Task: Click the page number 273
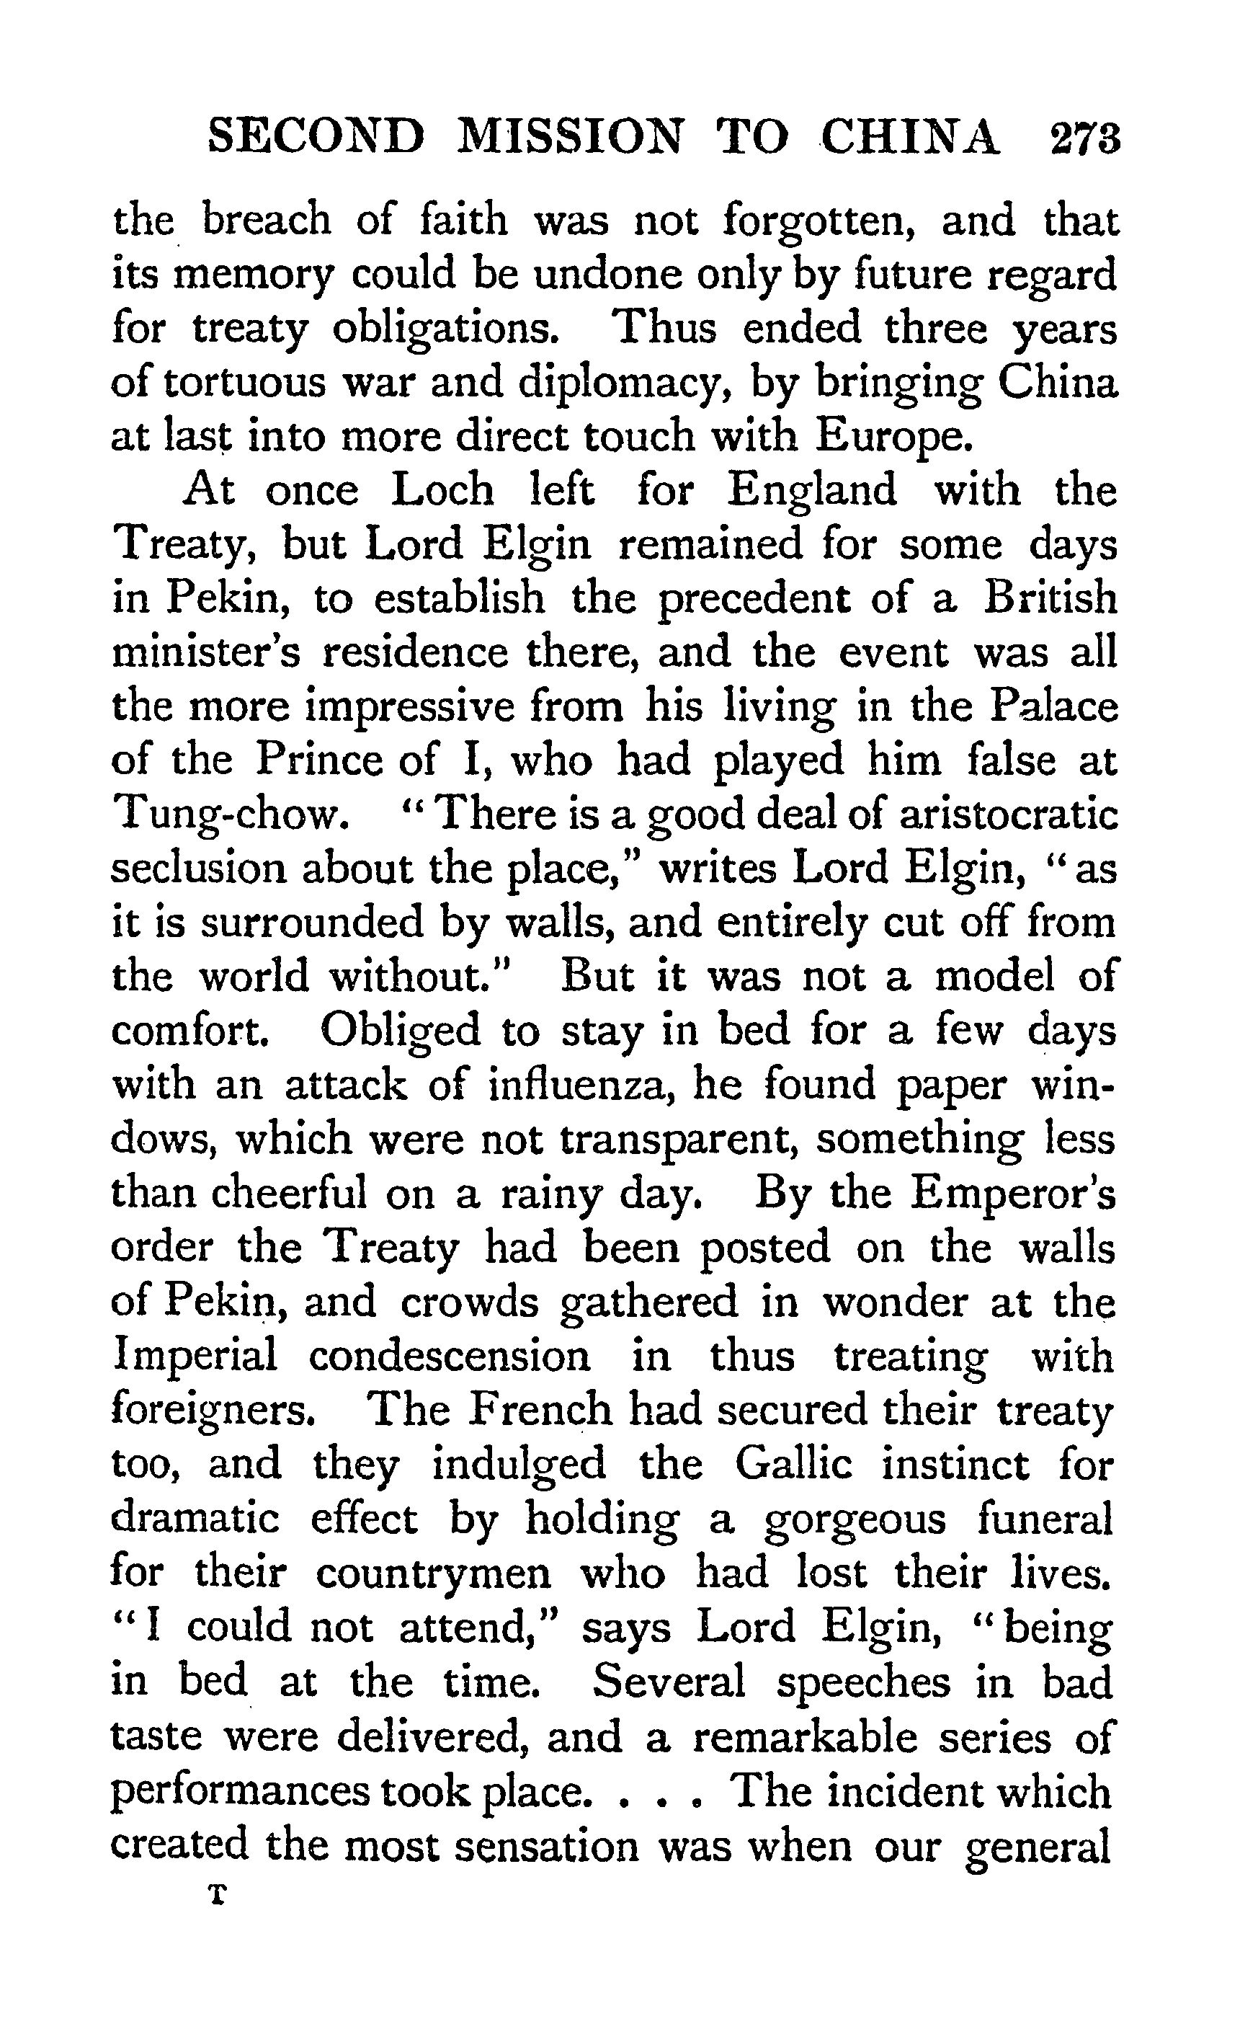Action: [1085, 138]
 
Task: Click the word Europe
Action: [893, 438]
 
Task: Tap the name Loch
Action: [442, 490]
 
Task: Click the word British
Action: [1049, 598]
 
